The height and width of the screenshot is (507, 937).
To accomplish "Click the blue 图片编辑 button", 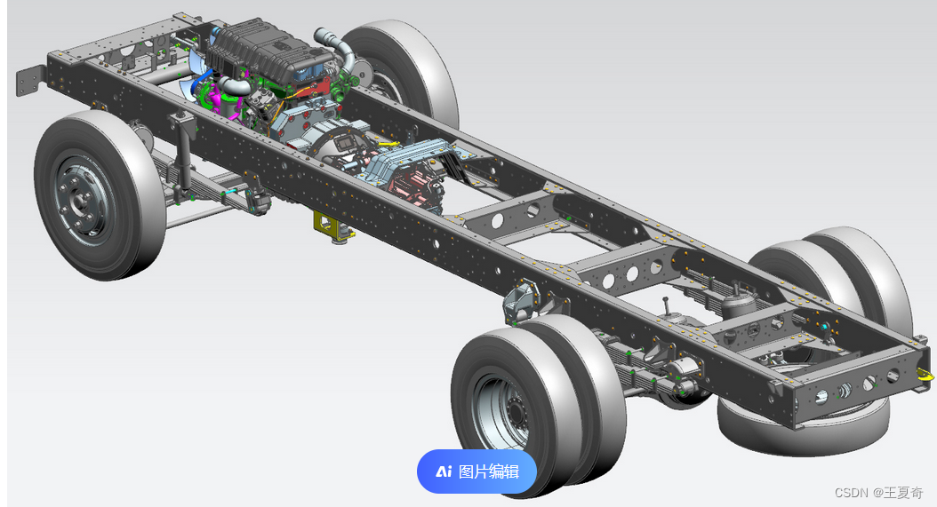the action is click(477, 471).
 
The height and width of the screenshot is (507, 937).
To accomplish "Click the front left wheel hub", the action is click(81, 200).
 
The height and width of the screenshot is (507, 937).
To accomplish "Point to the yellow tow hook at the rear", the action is click(925, 375).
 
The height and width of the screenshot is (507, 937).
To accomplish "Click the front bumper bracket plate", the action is click(29, 81).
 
